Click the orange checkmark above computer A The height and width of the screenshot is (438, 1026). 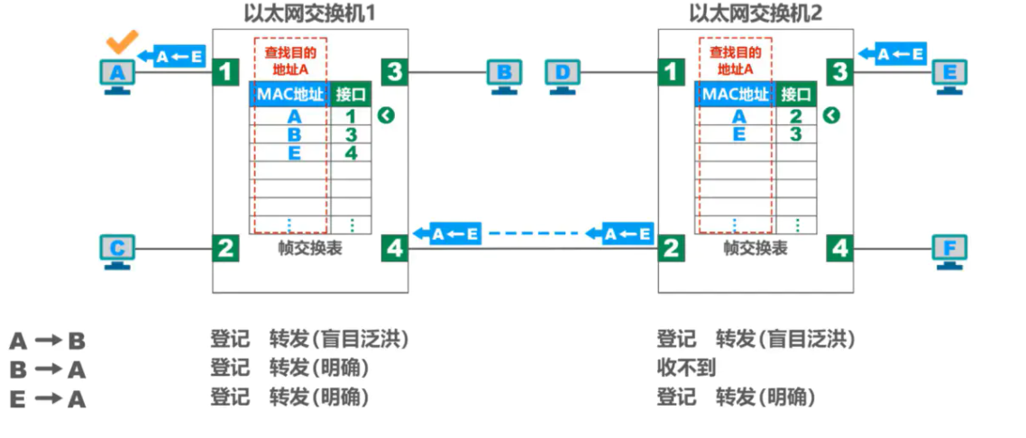point(121,42)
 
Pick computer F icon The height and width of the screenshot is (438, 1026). point(949,251)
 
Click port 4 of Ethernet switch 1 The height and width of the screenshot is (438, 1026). point(394,247)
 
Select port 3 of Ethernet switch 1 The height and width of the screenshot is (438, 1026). point(394,70)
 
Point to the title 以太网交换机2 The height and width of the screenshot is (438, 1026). point(755,14)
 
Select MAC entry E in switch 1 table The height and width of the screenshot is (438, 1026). point(295,153)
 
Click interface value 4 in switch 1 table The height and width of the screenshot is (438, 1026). point(351,153)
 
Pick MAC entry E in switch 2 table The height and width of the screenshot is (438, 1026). point(739,135)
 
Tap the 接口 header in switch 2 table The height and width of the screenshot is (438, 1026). point(796,94)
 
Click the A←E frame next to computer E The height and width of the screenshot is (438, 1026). point(891,54)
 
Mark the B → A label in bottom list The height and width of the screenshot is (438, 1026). point(47,370)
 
